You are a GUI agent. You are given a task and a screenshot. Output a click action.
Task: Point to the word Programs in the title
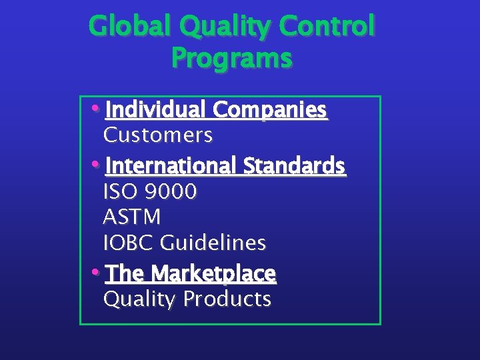tap(231, 59)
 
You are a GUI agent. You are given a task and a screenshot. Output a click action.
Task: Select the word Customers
tap(158, 135)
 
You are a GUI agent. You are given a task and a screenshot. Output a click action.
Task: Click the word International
tap(171, 165)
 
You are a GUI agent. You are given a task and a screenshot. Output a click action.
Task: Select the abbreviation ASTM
tap(132, 217)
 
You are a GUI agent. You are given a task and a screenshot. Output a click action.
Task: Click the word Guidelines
tap(213, 243)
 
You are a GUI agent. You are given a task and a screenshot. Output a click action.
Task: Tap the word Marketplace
tap(213, 273)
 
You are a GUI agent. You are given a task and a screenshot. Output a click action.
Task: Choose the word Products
tap(228, 299)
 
